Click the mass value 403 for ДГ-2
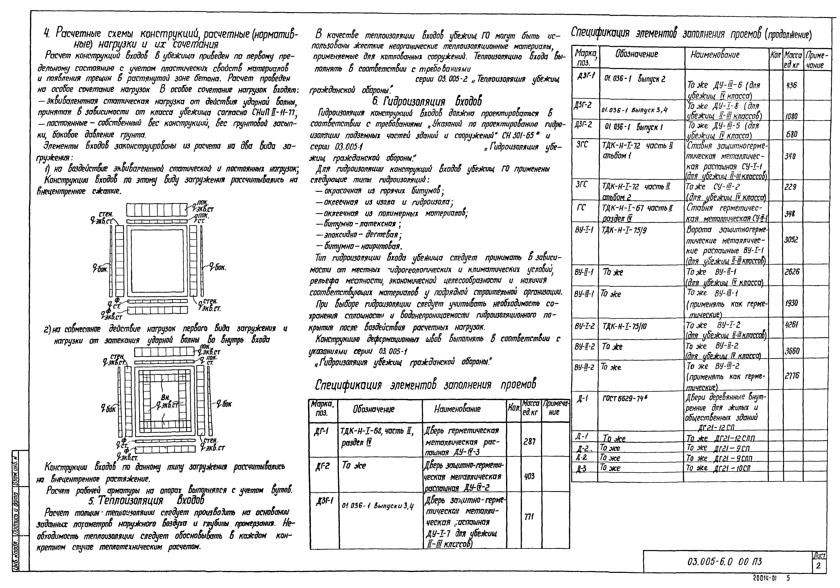pyautogui.click(x=529, y=476)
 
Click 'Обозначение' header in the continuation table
pyautogui.click(x=637, y=54)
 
